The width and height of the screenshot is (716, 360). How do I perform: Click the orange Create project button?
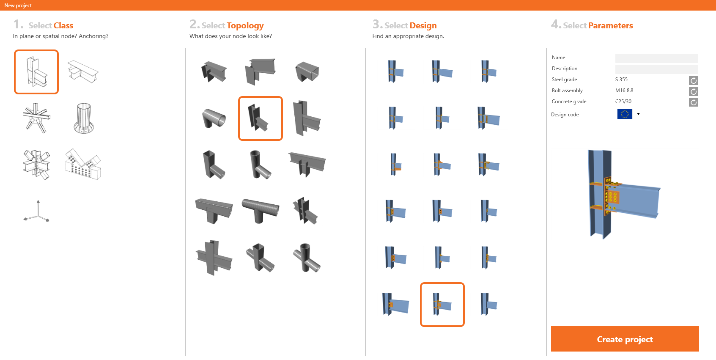tap(625, 339)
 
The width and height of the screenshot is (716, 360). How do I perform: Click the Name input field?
tap(656, 58)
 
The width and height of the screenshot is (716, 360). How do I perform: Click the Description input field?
tap(656, 69)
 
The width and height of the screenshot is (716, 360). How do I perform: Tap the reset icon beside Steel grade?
tap(693, 80)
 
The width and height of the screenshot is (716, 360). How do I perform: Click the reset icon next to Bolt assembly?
tap(693, 91)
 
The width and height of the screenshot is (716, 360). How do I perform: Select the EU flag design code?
tap(625, 114)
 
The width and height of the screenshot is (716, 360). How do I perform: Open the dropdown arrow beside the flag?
tap(638, 114)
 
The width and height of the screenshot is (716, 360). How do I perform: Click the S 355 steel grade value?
tap(621, 79)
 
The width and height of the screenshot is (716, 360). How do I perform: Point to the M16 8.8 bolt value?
tap(624, 91)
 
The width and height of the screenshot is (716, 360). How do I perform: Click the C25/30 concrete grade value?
tap(623, 102)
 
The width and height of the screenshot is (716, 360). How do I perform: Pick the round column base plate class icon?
tap(83, 118)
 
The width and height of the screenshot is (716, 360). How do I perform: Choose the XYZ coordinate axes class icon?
tap(37, 211)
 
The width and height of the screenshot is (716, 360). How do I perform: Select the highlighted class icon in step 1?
tap(36, 72)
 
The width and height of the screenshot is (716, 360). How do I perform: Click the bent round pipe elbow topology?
tap(214, 118)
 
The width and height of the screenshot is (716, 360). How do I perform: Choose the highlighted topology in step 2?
tap(261, 118)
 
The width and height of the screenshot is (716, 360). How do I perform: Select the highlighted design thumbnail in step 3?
tap(442, 304)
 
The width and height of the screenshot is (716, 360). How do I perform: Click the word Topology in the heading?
tap(245, 25)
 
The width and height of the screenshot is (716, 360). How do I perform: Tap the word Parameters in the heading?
tap(611, 25)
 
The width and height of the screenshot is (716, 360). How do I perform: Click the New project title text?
tap(18, 5)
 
